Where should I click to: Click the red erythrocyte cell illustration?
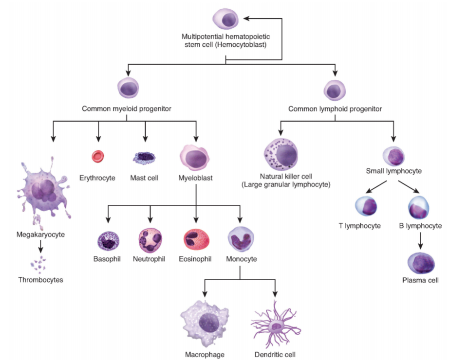[x=98, y=156]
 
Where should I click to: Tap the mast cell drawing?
[x=145, y=157]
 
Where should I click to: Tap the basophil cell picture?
[x=108, y=240]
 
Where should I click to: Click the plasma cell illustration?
[x=421, y=263]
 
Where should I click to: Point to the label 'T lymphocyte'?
[x=359, y=226]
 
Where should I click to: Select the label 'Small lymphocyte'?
[x=393, y=171]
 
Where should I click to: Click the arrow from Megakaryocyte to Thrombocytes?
[x=41, y=248]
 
